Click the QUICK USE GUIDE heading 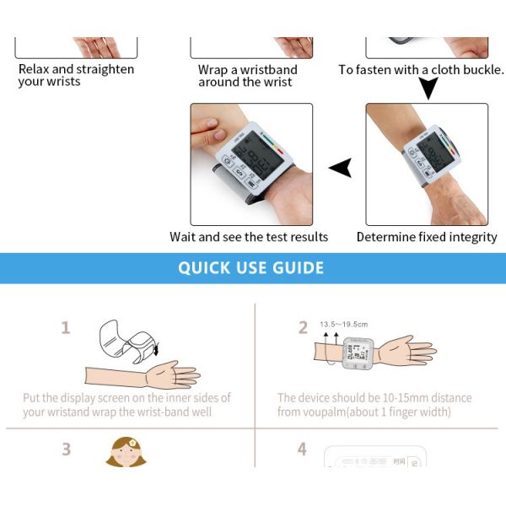250,268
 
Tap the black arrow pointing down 428,88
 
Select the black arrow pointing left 340,169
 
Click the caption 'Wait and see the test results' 249,237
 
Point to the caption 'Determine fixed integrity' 427,237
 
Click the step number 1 66,328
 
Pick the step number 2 303,328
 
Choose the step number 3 66,449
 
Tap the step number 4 302,449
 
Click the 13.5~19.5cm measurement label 343,324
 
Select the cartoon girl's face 126,453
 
